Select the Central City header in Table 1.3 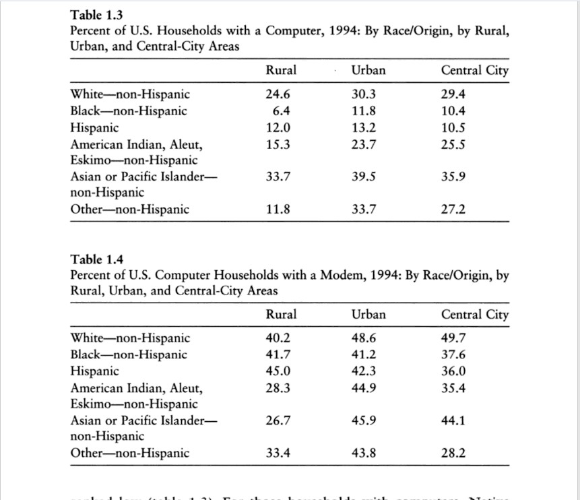coord(475,71)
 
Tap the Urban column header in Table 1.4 coord(368,315)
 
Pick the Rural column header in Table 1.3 coord(281,71)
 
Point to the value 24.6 coord(278,95)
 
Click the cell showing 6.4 coord(281,111)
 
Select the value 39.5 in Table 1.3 coord(364,177)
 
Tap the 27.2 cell coord(453,210)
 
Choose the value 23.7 coord(364,144)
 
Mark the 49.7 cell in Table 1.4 coord(453,338)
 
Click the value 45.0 coord(278,371)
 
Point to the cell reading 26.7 coord(278,421)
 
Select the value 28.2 coord(453,454)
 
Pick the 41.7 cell coord(278,355)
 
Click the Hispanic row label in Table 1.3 coord(94,128)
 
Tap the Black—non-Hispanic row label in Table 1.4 coord(129,355)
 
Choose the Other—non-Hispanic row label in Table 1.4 coord(130,454)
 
